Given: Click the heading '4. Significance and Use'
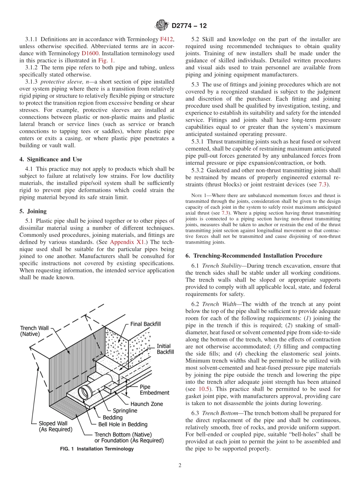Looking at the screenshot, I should point(51,159).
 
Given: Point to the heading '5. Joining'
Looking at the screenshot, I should point(36,211).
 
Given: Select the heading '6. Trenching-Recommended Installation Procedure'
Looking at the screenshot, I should point(254,256).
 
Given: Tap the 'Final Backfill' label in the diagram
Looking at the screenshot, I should point(146,324).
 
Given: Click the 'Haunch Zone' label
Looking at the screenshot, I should point(147,404).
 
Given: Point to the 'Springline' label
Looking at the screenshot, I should point(125,411).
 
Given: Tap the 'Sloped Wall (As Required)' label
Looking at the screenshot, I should point(55,426).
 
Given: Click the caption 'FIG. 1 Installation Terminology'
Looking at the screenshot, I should point(97,449).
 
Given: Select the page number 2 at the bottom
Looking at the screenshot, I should point(180,466).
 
